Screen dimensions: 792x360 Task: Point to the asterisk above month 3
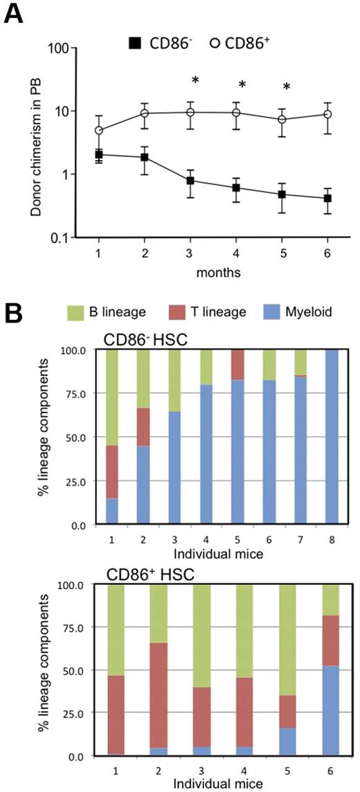point(195,81)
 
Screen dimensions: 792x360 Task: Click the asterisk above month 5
point(287,88)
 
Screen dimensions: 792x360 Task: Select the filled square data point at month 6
point(327,199)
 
